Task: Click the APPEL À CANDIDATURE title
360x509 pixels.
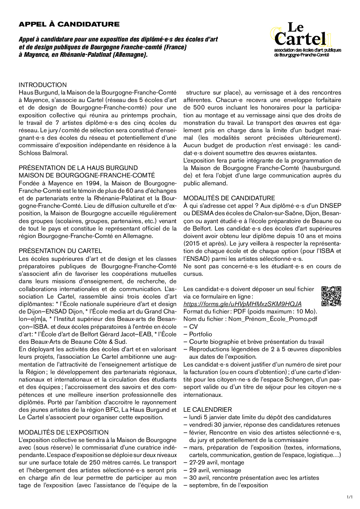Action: coord(69,24)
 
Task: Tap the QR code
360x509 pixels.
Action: coord(331,296)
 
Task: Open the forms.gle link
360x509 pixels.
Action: coord(242,304)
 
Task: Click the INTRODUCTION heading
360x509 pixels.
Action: coord(43,85)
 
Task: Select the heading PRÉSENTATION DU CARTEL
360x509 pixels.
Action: coord(60,251)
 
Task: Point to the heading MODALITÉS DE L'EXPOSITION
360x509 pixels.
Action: coord(64,432)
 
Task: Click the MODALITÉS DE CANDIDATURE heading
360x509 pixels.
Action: coord(229,198)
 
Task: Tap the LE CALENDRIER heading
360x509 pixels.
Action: coord(208,410)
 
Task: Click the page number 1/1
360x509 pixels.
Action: coord(349,497)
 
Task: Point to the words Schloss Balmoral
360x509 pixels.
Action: coord(43,153)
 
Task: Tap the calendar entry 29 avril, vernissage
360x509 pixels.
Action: coord(215,470)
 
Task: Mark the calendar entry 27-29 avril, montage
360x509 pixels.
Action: coord(216,462)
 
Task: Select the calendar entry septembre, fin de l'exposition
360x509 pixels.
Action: coord(228,485)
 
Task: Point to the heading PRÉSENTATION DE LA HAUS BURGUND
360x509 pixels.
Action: coord(78,168)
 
